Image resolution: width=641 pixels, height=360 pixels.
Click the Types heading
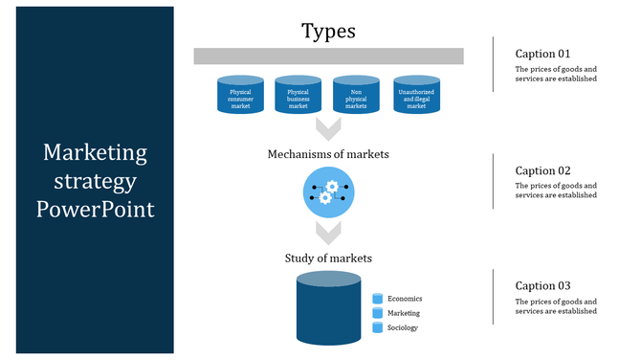(328, 31)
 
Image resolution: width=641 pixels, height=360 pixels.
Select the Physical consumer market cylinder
(240, 96)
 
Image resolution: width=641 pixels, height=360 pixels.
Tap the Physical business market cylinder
(298, 96)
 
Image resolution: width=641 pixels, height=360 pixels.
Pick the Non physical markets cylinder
(357, 96)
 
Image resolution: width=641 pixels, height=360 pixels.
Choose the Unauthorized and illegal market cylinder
(416, 96)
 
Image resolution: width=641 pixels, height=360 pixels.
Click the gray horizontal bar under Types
(328, 56)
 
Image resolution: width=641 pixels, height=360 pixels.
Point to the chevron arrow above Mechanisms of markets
(328, 128)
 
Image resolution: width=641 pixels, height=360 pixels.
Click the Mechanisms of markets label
(328, 153)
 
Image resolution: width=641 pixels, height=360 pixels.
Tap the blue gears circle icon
(328, 192)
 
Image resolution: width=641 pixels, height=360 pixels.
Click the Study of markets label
(328, 259)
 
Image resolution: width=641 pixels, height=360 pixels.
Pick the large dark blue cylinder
(328, 309)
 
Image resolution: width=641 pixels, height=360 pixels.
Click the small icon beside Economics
(377, 299)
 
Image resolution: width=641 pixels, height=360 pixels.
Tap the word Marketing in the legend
(403, 313)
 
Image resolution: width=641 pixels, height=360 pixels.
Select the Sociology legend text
(403, 327)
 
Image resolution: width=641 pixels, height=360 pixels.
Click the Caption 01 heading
(542, 54)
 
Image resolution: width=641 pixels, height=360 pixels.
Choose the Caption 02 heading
(542, 169)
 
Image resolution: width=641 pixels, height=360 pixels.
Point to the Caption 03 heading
(542, 285)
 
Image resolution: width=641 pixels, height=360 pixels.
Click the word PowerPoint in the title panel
(95, 209)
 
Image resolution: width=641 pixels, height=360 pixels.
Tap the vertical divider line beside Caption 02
(493, 180)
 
